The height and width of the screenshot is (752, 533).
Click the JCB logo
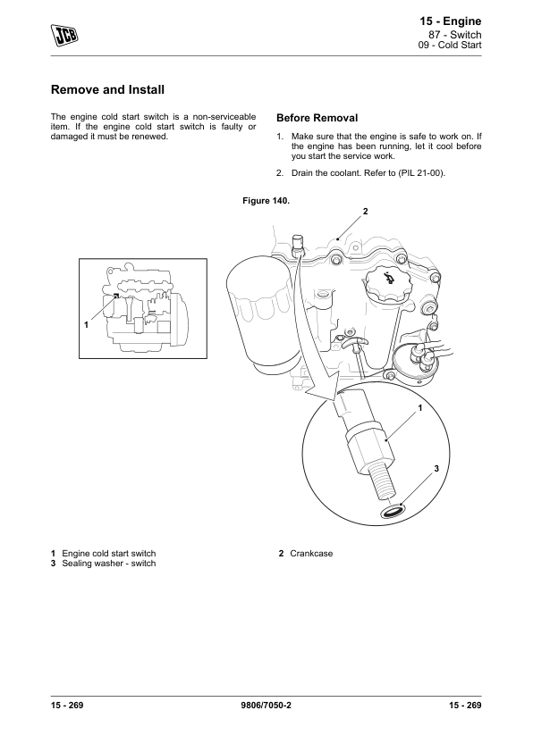tap(64, 35)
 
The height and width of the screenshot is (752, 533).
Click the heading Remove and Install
tap(107, 89)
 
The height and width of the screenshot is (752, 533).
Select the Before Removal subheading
tap(317, 118)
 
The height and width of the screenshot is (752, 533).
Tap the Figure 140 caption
tap(266, 200)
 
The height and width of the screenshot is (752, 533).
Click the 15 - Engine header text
tap(451, 21)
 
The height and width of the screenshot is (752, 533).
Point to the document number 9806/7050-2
tap(266, 705)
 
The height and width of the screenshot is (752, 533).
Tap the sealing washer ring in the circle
tap(393, 511)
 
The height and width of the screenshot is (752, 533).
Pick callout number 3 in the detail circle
tap(436, 469)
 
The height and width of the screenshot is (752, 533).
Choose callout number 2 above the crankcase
tap(365, 212)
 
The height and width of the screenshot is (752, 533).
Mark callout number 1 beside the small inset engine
tap(87, 325)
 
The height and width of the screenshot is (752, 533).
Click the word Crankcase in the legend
tap(311, 554)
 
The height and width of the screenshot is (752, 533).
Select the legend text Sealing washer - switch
tap(109, 564)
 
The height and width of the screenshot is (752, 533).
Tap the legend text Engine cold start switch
tap(109, 554)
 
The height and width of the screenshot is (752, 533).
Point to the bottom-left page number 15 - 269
tap(67, 705)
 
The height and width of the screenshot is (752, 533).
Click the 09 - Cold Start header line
tap(450, 45)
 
